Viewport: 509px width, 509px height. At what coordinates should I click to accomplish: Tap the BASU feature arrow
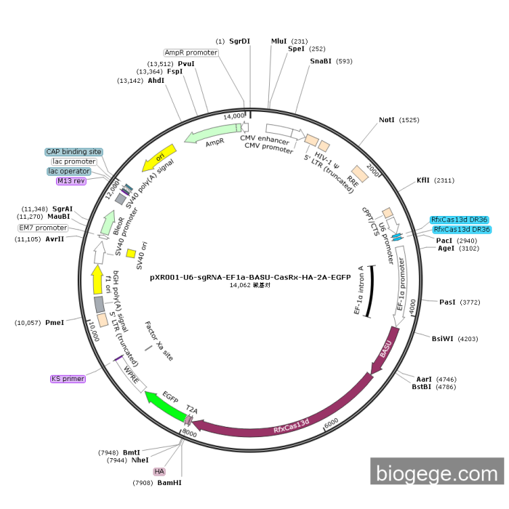pos(384,354)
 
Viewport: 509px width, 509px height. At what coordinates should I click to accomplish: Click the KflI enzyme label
pos(424,180)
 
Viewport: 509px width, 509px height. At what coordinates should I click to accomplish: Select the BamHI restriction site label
pos(169,482)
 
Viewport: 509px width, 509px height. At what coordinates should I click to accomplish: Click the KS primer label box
pos(68,379)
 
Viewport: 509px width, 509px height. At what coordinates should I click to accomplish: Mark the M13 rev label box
pos(71,181)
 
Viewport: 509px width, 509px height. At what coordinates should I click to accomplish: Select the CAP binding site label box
pos(74,152)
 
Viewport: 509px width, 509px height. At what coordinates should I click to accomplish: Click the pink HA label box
pos(159,471)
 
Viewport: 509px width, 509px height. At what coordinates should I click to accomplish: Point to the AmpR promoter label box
pos(191,52)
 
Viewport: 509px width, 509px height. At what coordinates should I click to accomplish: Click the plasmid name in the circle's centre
pos(254,277)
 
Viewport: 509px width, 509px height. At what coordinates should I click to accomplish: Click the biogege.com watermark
pos(437,473)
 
